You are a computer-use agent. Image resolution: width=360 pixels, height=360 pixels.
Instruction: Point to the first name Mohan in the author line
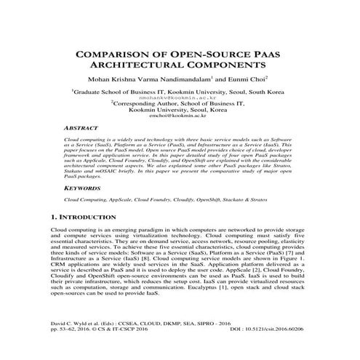pyautogui.click(x=100, y=78)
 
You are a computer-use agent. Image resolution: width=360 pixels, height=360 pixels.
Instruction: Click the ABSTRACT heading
pyautogui.click(x=83, y=127)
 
